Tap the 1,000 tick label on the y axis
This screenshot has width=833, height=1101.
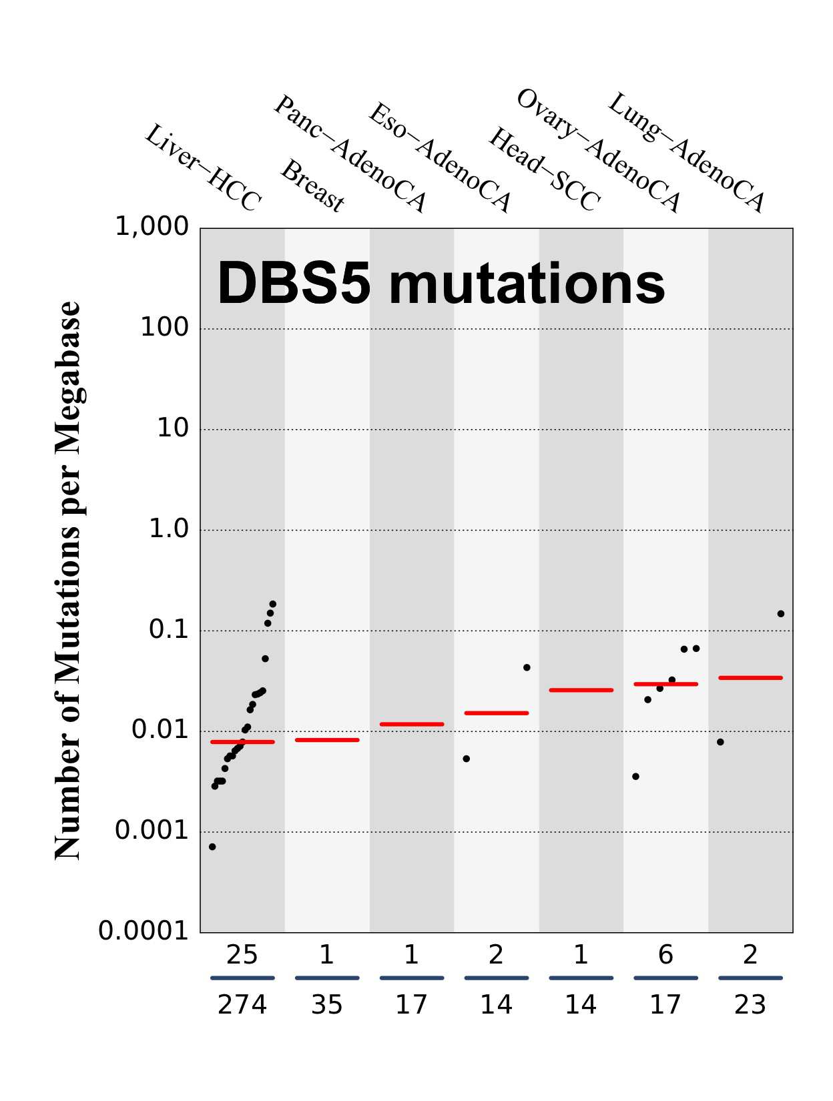pyautogui.click(x=152, y=227)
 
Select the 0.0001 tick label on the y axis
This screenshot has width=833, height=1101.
pyautogui.click(x=144, y=931)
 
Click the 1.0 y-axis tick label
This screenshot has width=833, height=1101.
pyautogui.click(x=169, y=529)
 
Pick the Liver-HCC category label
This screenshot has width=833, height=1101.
pyautogui.click(x=203, y=167)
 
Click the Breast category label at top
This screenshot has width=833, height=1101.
pyautogui.click(x=312, y=186)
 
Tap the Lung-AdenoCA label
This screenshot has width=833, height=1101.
pyautogui.click(x=686, y=153)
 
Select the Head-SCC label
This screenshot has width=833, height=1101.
pyautogui.click(x=545, y=169)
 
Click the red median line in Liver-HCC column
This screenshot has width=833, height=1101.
pyautogui.click(x=242, y=742)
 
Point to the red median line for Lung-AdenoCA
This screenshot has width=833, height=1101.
pyautogui.click(x=750, y=678)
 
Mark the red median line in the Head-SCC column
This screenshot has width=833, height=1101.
pyautogui.click(x=581, y=690)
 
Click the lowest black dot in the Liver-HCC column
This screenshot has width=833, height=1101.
pyautogui.click(x=212, y=847)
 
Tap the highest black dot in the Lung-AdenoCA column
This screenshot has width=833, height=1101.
pyautogui.click(x=781, y=614)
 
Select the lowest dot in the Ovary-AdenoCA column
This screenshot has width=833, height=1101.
pyautogui.click(x=635, y=777)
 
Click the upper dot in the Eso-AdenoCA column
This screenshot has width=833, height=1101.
pyautogui.click(x=527, y=667)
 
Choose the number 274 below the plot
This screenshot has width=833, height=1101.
pyautogui.click(x=242, y=1005)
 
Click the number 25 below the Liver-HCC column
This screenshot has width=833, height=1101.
pyautogui.click(x=242, y=956)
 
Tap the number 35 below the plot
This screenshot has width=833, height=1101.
pyautogui.click(x=326, y=1005)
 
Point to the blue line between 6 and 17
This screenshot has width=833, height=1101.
pyautogui.click(x=665, y=978)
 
